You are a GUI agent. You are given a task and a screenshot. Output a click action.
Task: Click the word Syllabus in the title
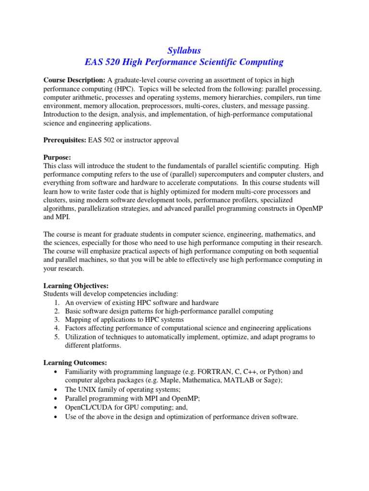(184, 50)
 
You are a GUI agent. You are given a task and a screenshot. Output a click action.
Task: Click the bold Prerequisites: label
(64, 140)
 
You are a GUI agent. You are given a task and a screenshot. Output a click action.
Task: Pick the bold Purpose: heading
(57, 157)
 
